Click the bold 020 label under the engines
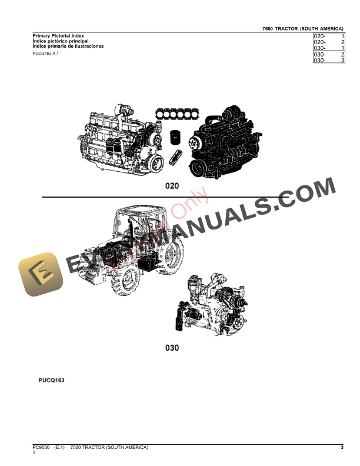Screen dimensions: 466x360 (x=171, y=186)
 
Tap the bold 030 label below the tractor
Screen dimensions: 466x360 (x=171, y=348)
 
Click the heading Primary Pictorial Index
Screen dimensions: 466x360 (x=58, y=36)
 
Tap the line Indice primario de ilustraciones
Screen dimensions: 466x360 (x=68, y=46)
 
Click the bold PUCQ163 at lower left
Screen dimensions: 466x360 (x=48, y=381)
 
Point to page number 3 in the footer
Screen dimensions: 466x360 (x=342, y=448)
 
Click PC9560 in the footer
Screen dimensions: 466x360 (x=42, y=448)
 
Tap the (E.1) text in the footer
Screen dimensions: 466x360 (x=59, y=448)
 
